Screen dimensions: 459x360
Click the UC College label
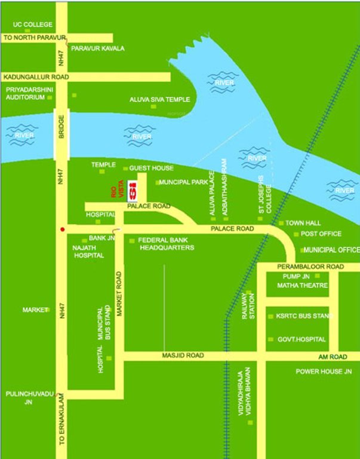coord(33,25)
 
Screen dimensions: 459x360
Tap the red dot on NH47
coord(61,229)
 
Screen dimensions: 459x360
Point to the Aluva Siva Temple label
coord(160,99)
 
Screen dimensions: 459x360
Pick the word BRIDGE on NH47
coord(61,127)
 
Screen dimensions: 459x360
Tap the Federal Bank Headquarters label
coord(167,243)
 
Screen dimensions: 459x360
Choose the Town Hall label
coord(303,223)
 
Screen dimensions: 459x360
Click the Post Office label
coord(321,234)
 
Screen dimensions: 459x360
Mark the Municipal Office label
coord(331,249)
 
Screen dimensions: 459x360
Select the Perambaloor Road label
coord(310,266)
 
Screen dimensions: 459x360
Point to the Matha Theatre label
coord(302,286)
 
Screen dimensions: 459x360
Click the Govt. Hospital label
coord(301,339)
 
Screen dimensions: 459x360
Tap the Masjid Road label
coord(183,356)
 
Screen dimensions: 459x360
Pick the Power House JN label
coord(324,371)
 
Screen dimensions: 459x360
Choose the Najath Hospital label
coord(88,251)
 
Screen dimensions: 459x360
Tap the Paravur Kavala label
coord(98,48)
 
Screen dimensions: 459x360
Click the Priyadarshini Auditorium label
coord(25,93)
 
